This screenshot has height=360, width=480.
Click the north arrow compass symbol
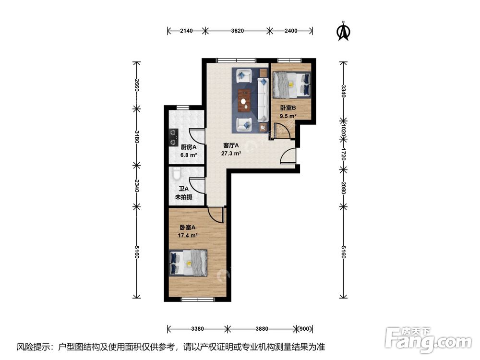(343, 31)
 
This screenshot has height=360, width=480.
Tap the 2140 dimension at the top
(186, 31)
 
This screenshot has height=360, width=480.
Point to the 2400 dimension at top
(291, 31)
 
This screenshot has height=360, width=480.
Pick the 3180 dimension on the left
(137, 136)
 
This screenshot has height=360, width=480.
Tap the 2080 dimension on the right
(343, 187)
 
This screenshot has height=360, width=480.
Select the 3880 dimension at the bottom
(262, 329)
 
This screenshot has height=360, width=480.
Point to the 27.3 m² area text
(231, 154)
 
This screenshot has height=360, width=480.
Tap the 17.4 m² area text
(189, 235)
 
